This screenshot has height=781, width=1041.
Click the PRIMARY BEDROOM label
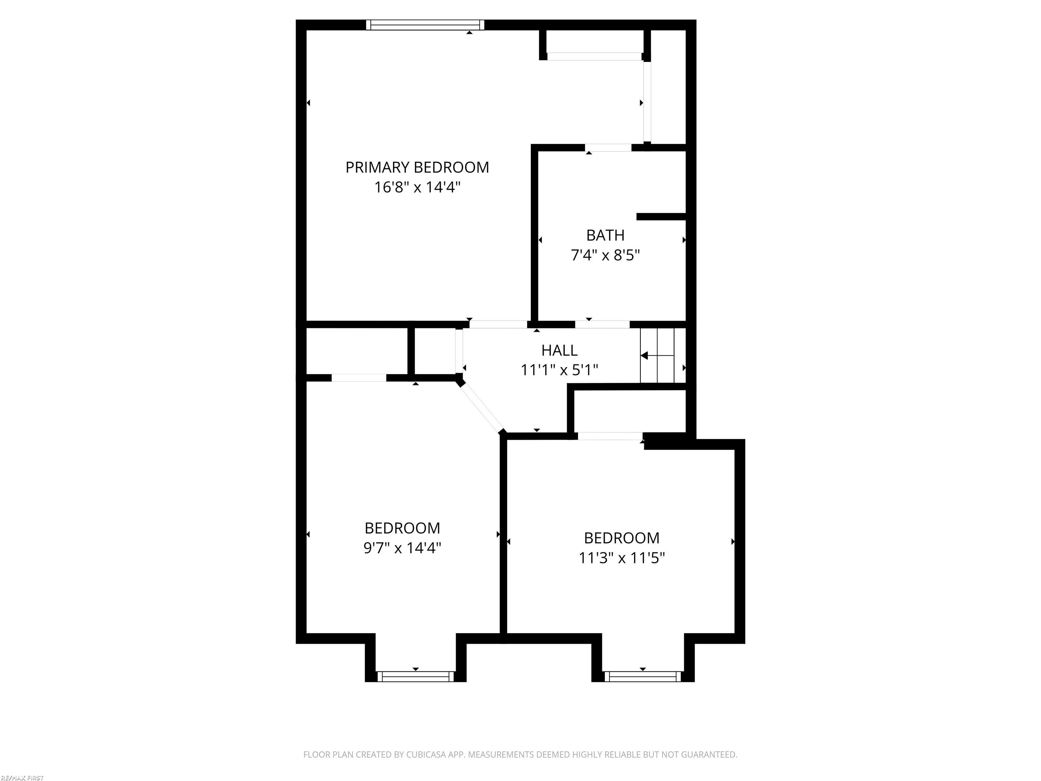417,167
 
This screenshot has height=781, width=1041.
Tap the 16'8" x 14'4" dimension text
417,187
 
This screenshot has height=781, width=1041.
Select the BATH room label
605,235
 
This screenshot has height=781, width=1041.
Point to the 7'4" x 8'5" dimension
605,255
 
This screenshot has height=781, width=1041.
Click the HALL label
559,350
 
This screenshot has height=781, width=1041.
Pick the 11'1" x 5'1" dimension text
559,370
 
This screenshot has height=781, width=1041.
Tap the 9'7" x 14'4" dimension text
402,548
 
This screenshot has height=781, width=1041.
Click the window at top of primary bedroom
425,25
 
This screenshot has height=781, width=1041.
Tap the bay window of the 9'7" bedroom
415,677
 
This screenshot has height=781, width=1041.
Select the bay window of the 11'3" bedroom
642,677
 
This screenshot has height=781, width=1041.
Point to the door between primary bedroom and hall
498,324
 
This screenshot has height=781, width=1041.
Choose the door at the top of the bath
608,148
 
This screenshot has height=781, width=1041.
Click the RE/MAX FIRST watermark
22,778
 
